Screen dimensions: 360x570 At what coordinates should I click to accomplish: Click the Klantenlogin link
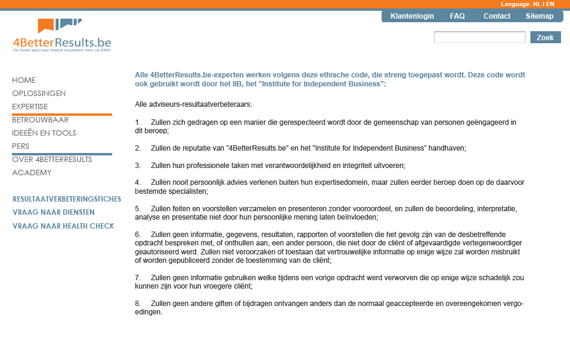tap(412, 16)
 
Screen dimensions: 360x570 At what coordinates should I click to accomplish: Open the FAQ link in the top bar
tap(457, 16)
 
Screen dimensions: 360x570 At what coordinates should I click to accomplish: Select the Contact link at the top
tap(497, 16)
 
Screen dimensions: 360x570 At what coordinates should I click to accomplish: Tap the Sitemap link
tap(539, 16)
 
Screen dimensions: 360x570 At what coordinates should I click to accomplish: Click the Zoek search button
tap(545, 37)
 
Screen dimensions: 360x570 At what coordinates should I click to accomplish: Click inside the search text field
tap(479, 37)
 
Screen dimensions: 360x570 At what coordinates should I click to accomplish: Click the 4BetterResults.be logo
tap(62, 35)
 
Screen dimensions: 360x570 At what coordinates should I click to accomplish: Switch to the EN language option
tap(550, 4)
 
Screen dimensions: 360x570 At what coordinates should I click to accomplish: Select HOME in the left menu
tap(24, 80)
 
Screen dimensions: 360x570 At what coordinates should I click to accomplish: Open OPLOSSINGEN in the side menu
tap(39, 94)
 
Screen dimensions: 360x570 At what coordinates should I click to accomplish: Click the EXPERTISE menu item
tap(30, 107)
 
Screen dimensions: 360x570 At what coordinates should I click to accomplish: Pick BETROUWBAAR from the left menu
tap(40, 120)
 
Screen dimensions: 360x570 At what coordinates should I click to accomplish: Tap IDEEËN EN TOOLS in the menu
tap(44, 133)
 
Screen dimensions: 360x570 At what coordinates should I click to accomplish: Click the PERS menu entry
tap(21, 146)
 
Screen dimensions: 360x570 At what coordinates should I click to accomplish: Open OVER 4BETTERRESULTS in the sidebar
tap(52, 160)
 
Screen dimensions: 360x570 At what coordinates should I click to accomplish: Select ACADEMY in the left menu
tap(32, 173)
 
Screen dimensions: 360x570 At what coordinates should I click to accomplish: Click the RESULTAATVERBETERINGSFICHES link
tap(67, 199)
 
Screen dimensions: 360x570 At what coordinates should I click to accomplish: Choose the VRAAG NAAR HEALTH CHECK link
tap(63, 226)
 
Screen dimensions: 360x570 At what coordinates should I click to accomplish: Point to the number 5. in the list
tap(138, 209)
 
